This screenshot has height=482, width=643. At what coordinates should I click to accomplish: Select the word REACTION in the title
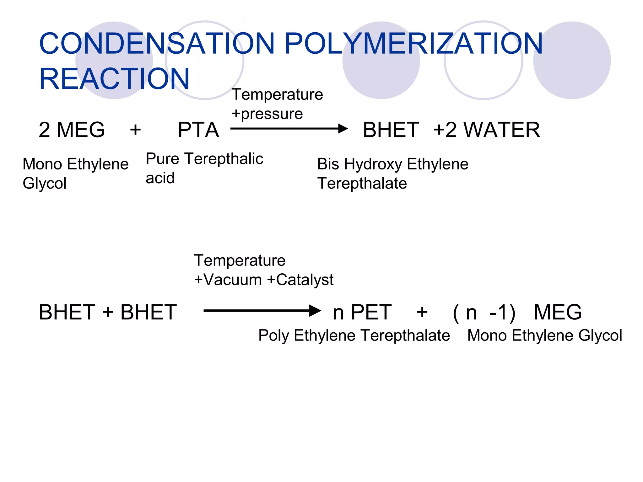(114, 79)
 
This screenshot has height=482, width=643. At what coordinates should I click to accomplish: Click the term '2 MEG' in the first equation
(72, 130)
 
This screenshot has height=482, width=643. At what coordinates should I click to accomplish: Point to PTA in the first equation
(198, 130)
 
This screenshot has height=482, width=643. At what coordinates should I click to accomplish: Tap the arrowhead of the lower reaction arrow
(315, 311)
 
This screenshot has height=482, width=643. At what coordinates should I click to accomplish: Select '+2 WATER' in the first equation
(487, 130)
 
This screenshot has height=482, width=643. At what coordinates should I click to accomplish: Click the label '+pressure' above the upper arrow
(267, 114)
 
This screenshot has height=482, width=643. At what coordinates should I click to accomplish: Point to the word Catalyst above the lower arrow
(305, 280)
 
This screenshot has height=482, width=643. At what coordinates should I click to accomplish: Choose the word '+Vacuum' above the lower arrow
(228, 280)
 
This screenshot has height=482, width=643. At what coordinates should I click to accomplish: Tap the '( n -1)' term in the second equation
(484, 313)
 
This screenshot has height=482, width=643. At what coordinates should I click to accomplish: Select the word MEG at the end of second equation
(558, 313)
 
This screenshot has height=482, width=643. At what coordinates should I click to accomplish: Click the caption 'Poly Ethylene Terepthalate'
(354, 335)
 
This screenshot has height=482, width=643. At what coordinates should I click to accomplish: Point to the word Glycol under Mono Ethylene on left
(45, 184)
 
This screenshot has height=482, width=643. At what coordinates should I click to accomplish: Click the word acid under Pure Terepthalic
(160, 178)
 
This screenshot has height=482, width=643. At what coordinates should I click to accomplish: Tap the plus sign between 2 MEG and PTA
(135, 130)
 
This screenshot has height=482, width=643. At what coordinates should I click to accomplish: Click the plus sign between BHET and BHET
(108, 312)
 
